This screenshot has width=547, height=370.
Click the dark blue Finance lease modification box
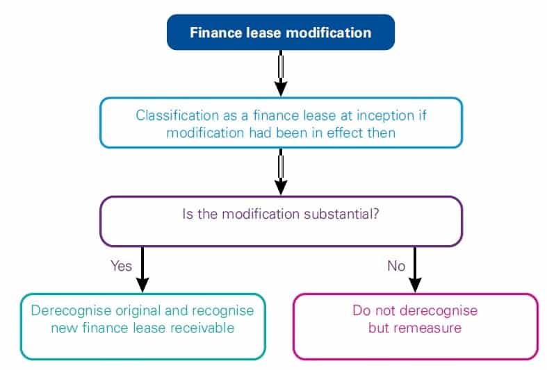pos(281,33)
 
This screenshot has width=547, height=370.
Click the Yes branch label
pos(121,265)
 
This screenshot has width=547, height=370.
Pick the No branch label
pos(396,265)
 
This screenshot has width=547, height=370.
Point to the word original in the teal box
pos(136,310)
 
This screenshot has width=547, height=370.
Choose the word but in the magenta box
pos(379,327)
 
